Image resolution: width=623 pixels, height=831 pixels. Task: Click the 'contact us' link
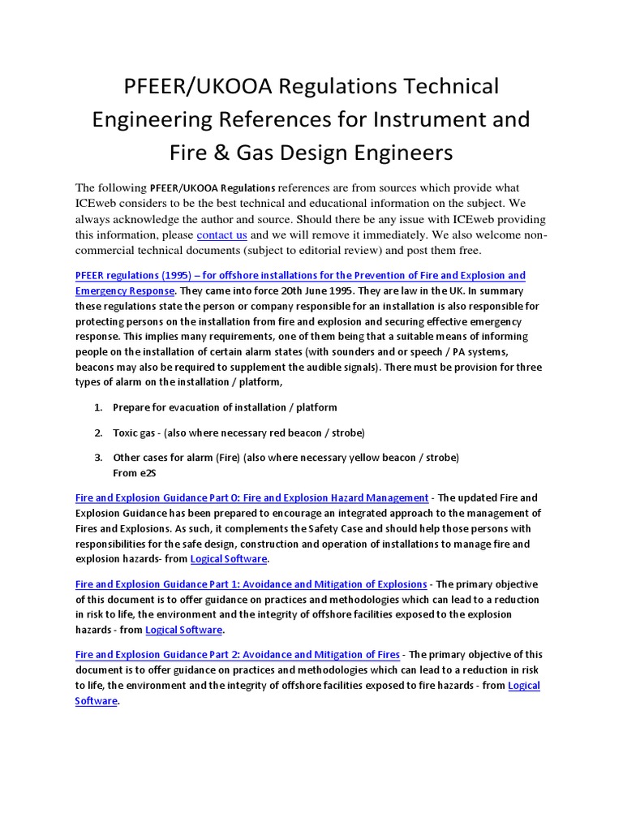click(221, 235)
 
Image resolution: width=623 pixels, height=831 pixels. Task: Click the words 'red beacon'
click(294, 432)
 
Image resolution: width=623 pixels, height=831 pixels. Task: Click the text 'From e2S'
click(134, 471)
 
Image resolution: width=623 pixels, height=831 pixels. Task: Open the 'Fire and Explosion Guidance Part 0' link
click(251, 497)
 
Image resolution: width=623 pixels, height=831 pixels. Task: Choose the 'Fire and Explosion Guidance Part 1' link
click(251, 583)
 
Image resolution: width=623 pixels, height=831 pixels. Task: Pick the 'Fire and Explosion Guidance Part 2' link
click(238, 654)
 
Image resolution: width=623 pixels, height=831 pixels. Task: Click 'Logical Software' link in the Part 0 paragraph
click(228, 559)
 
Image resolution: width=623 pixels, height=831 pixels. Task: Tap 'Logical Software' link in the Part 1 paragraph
click(183, 630)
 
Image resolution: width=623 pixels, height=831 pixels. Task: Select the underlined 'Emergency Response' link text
click(124, 291)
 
